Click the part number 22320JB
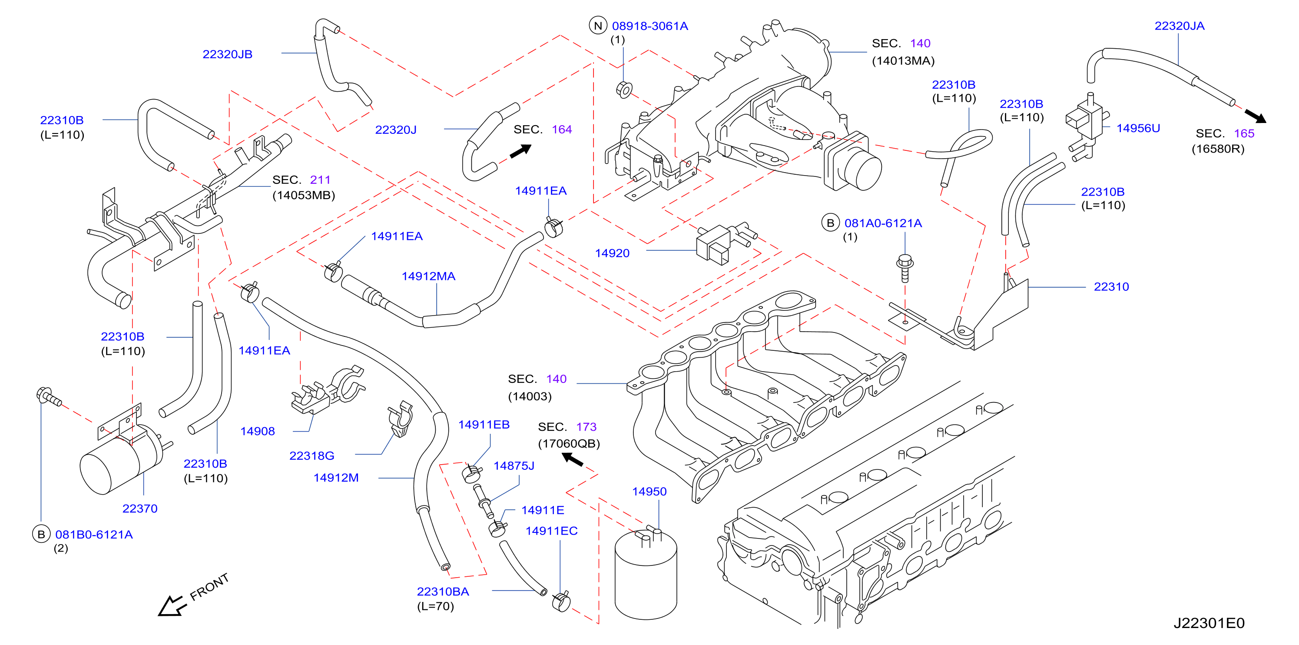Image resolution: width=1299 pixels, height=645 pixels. click(227, 54)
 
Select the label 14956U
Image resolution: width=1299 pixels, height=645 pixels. click(1138, 128)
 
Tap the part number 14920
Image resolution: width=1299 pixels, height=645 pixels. click(612, 253)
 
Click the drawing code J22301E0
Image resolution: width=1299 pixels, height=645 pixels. click(1209, 623)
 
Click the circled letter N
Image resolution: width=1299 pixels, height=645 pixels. click(598, 26)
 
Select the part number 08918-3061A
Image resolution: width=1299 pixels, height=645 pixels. click(650, 26)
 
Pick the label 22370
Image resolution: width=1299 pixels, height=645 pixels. click(140, 509)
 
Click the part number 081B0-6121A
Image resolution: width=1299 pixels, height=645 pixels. click(94, 535)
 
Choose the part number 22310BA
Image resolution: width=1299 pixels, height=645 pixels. click(443, 592)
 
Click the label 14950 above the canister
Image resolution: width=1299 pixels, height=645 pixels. click(649, 491)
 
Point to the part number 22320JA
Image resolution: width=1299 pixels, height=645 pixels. click(1180, 26)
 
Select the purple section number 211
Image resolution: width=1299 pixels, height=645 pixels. click(320, 180)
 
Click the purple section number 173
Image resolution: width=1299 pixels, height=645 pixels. click(587, 427)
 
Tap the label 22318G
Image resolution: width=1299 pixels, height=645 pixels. click(311, 456)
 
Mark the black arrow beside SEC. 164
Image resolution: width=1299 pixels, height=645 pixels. click(521, 151)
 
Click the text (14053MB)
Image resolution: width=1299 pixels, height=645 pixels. click(304, 195)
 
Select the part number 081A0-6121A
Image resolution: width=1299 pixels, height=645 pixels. click(883, 223)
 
